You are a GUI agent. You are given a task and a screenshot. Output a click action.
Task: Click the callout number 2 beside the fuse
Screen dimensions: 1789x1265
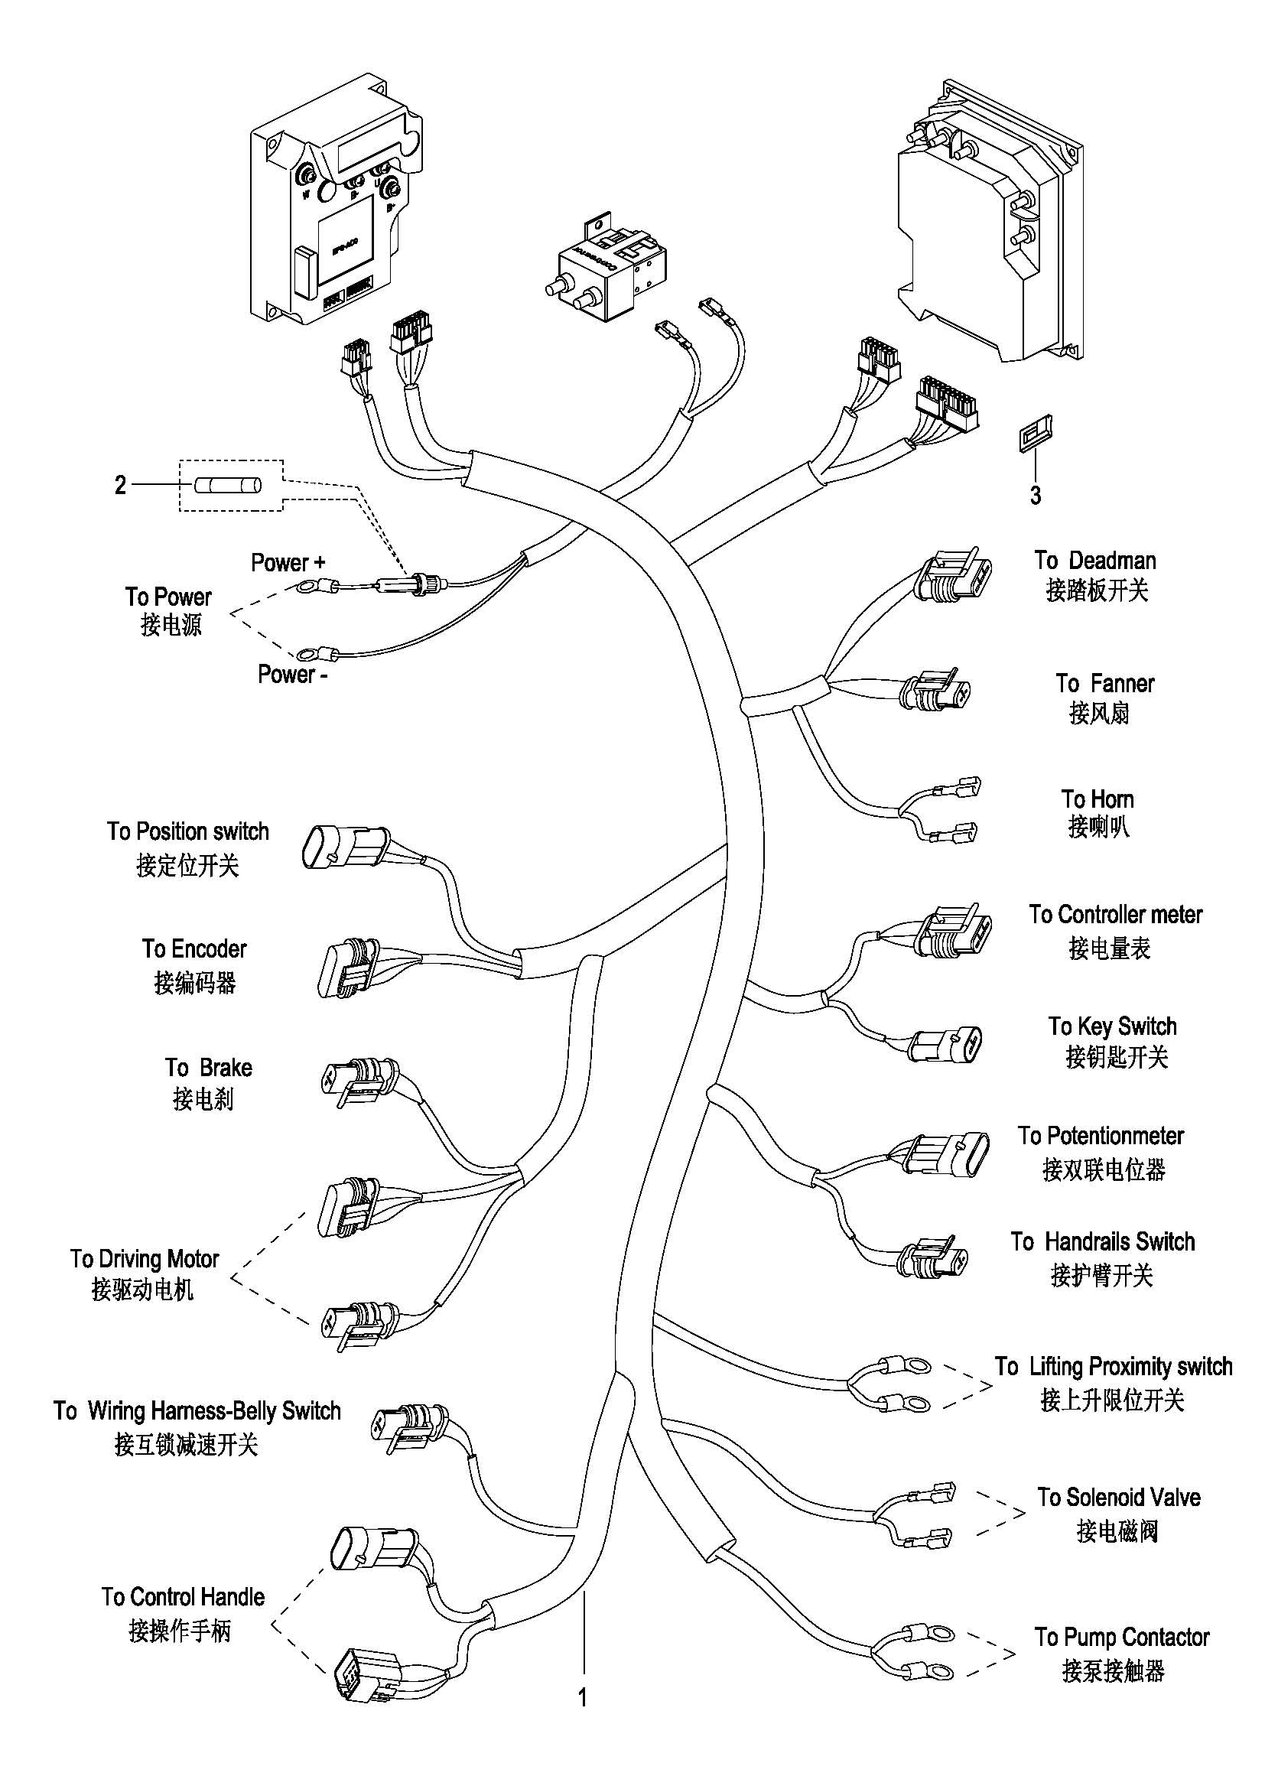(x=120, y=485)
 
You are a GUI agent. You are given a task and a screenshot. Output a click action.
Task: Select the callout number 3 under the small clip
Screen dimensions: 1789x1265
(x=1036, y=496)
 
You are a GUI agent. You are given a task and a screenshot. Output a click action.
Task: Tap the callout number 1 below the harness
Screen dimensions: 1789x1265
(x=582, y=1697)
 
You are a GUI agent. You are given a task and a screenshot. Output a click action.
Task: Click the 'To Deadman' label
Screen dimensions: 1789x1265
(x=1095, y=560)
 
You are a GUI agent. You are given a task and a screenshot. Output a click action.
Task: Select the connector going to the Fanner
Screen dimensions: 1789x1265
(x=935, y=690)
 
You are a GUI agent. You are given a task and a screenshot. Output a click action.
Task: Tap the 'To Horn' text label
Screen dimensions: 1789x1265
(x=1097, y=799)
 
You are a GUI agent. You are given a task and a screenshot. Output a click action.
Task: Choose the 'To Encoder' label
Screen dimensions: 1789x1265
(x=194, y=948)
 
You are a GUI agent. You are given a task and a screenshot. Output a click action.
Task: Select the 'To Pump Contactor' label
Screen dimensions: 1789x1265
(x=1122, y=1637)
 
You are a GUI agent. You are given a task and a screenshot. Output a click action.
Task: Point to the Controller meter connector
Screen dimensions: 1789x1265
(x=954, y=932)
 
